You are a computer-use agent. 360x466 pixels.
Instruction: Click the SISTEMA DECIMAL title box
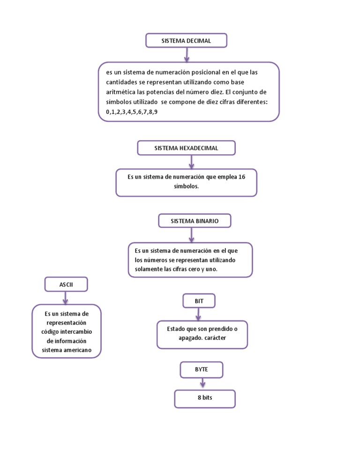[x=186, y=41]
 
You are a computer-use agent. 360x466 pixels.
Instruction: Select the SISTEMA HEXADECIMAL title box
[x=186, y=148]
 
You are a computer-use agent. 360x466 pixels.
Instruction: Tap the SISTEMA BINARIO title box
[x=195, y=221]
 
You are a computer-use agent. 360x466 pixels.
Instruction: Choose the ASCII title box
[x=66, y=284]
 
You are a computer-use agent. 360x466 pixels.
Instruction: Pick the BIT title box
[x=199, y=301]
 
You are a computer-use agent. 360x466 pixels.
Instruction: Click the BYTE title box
[x=201, y=369]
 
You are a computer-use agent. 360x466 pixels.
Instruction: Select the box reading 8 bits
[x=205, y=398]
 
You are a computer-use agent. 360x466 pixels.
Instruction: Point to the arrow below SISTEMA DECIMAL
[x=187, y=55]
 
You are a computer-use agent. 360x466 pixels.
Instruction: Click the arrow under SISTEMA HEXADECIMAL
[x=191, y=162]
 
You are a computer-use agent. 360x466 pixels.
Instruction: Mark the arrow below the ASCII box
[x=66, y=298]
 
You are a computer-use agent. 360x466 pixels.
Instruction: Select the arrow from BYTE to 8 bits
[x=202, y=383]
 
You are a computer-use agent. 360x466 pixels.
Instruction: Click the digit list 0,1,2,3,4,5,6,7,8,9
[x=132, y=112]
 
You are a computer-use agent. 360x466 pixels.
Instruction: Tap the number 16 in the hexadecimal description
[x=242, y=177]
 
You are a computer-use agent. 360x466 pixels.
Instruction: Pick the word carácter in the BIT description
[x=215, y=338]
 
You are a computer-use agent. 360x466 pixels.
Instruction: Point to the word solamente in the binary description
[x=149, y=269]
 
